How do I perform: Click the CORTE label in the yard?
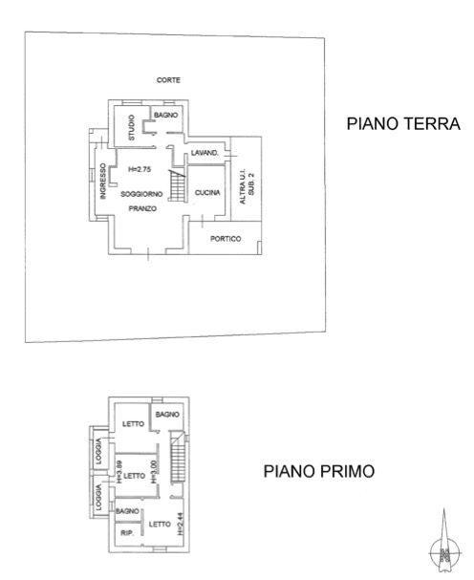point(168,80)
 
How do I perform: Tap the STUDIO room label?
point(132,128)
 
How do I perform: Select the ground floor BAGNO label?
point(165,115)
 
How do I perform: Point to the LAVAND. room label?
point(205,153)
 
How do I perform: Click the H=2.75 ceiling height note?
point(140,169)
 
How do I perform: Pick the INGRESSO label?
point(103,182)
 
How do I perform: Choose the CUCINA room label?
point(207,192)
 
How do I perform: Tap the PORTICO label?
point(226,239)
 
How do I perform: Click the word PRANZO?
point(142,208)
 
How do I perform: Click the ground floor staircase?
point(177,185)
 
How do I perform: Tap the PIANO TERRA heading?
point(403,123)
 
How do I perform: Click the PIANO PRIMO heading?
point(319,471)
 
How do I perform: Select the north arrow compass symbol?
point(444,544)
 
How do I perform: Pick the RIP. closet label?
point(127,533)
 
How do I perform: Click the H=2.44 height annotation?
point(180,524)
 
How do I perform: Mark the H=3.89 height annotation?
point(119,472)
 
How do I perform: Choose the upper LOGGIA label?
point(98,451)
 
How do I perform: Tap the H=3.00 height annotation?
point(154,472)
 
